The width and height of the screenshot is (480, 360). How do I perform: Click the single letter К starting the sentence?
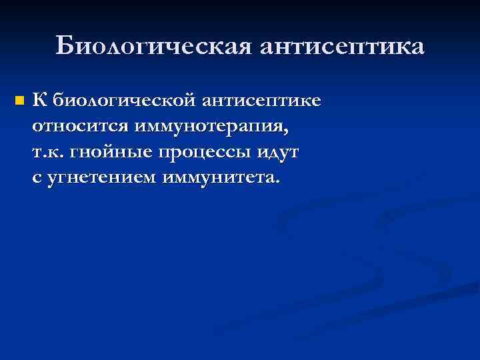point(39,100)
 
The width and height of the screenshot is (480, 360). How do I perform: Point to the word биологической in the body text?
point(124,101)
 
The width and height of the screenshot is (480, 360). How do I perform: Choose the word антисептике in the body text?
point(262,101)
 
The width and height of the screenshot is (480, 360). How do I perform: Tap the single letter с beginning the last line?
point(36,178)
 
